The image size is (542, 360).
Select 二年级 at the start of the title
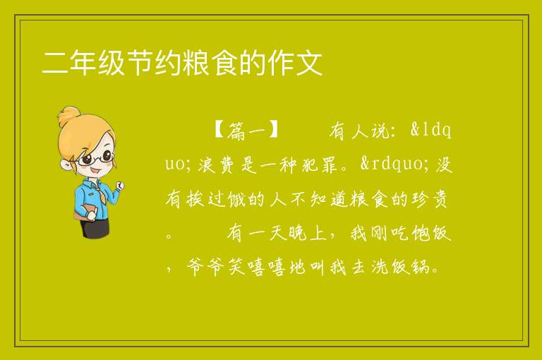[83, 63]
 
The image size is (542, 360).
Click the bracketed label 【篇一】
[246, 131]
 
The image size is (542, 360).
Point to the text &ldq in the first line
[430, 131]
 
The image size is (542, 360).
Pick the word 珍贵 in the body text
[430, 199]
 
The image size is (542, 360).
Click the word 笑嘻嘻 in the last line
[257, 267]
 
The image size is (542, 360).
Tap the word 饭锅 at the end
[411, 267]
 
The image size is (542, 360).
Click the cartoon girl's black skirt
[95, 227]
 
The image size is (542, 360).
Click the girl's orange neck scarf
[102, 193]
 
